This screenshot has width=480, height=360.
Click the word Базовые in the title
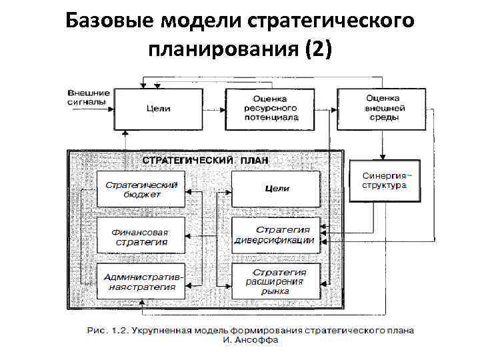[111, 22]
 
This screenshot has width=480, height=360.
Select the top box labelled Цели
[158, 108]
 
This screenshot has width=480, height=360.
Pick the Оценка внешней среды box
[382, 108]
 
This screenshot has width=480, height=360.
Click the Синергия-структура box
[386, 181]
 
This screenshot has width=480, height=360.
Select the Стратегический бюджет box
[141, 189]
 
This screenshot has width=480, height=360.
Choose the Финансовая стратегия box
[141, 235]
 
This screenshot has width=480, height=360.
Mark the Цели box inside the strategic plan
[276, 189]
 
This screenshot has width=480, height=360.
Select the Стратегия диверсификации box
[276, 235]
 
